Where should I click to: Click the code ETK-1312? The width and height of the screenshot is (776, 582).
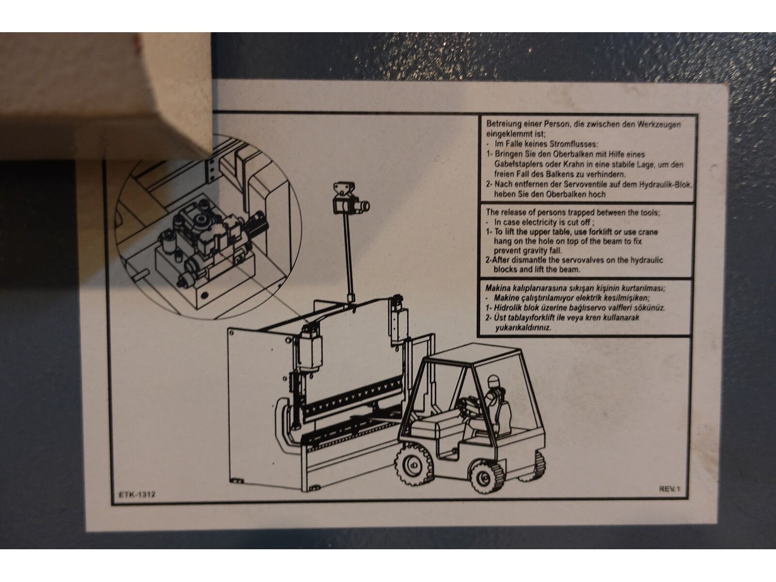(x=137, y=494)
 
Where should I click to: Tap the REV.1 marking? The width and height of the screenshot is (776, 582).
(x=669, y=489)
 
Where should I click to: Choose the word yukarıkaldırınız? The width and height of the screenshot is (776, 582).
(x=523, y=328)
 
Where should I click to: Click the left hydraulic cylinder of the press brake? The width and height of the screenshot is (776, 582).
(x=308, y=348)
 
